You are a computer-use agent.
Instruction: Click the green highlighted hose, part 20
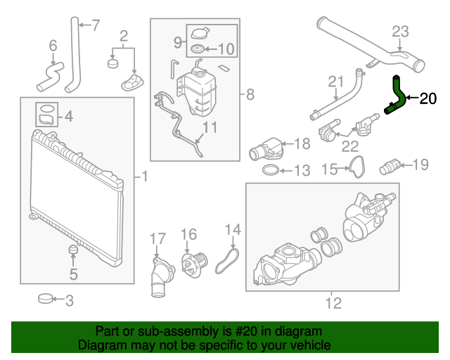pos(397,96)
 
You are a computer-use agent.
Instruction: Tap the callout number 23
pos(399,31)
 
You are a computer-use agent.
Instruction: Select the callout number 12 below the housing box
pos(333,304)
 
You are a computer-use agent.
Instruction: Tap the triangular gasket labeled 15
pos(358,167)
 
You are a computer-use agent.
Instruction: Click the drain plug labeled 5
pos(72,251)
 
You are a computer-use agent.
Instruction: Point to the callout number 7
pos(96,26)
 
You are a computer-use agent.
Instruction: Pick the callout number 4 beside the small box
pos(68,117)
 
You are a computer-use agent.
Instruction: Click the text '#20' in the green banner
pos(243,331)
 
